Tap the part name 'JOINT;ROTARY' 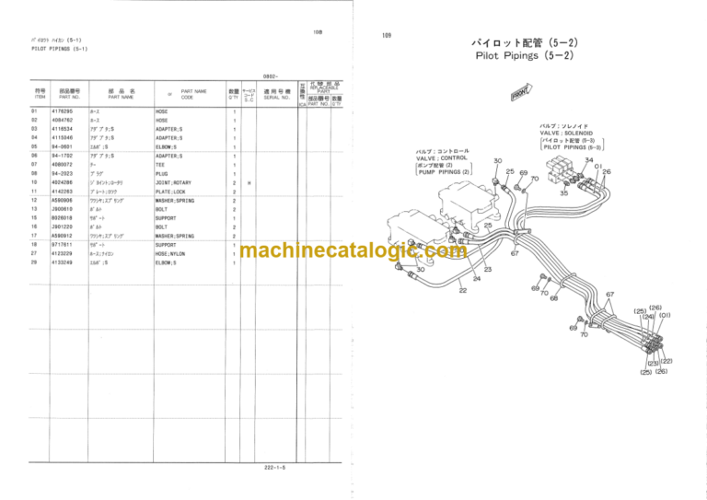(174, 183)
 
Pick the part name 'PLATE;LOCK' (171, 192)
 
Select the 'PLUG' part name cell (162, 173)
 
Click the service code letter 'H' (249, 183)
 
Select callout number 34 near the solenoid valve (589, 158)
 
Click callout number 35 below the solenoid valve (563, 193)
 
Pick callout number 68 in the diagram (552, 297)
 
